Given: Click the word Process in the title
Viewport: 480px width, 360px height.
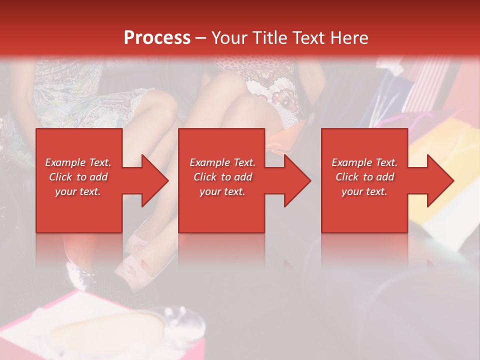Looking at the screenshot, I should (x=157, y=38).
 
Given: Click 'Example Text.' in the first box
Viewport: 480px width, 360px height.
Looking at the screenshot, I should (x=78, y=162).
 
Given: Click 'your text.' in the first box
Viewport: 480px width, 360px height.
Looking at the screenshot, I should (x=78, y=191).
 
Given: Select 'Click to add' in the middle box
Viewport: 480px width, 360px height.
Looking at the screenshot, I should (x=222, y=177).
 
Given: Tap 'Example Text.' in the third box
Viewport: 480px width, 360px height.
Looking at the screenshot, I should (x=364, y=162).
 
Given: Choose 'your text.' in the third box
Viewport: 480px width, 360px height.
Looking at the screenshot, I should (x=364, y=191).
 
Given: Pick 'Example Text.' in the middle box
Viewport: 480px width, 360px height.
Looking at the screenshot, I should (x=222, y=162).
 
